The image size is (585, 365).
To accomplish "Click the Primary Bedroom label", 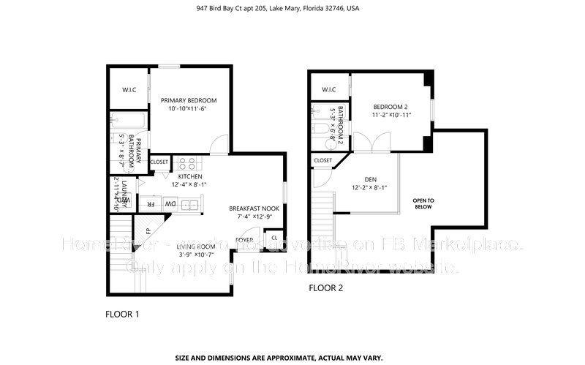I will [189, 101].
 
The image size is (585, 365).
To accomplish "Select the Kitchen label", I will [189, 176].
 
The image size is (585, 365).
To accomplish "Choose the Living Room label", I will [195, 247].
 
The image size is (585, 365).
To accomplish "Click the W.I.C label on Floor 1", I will [129, 91].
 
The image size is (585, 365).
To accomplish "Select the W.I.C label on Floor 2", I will [328, 90].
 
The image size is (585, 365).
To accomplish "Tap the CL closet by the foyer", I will [273, 237].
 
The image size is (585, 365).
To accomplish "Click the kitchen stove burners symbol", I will [186, 163].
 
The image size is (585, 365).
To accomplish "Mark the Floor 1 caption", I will [122, 314].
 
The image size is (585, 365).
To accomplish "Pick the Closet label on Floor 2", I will [322, 160].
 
